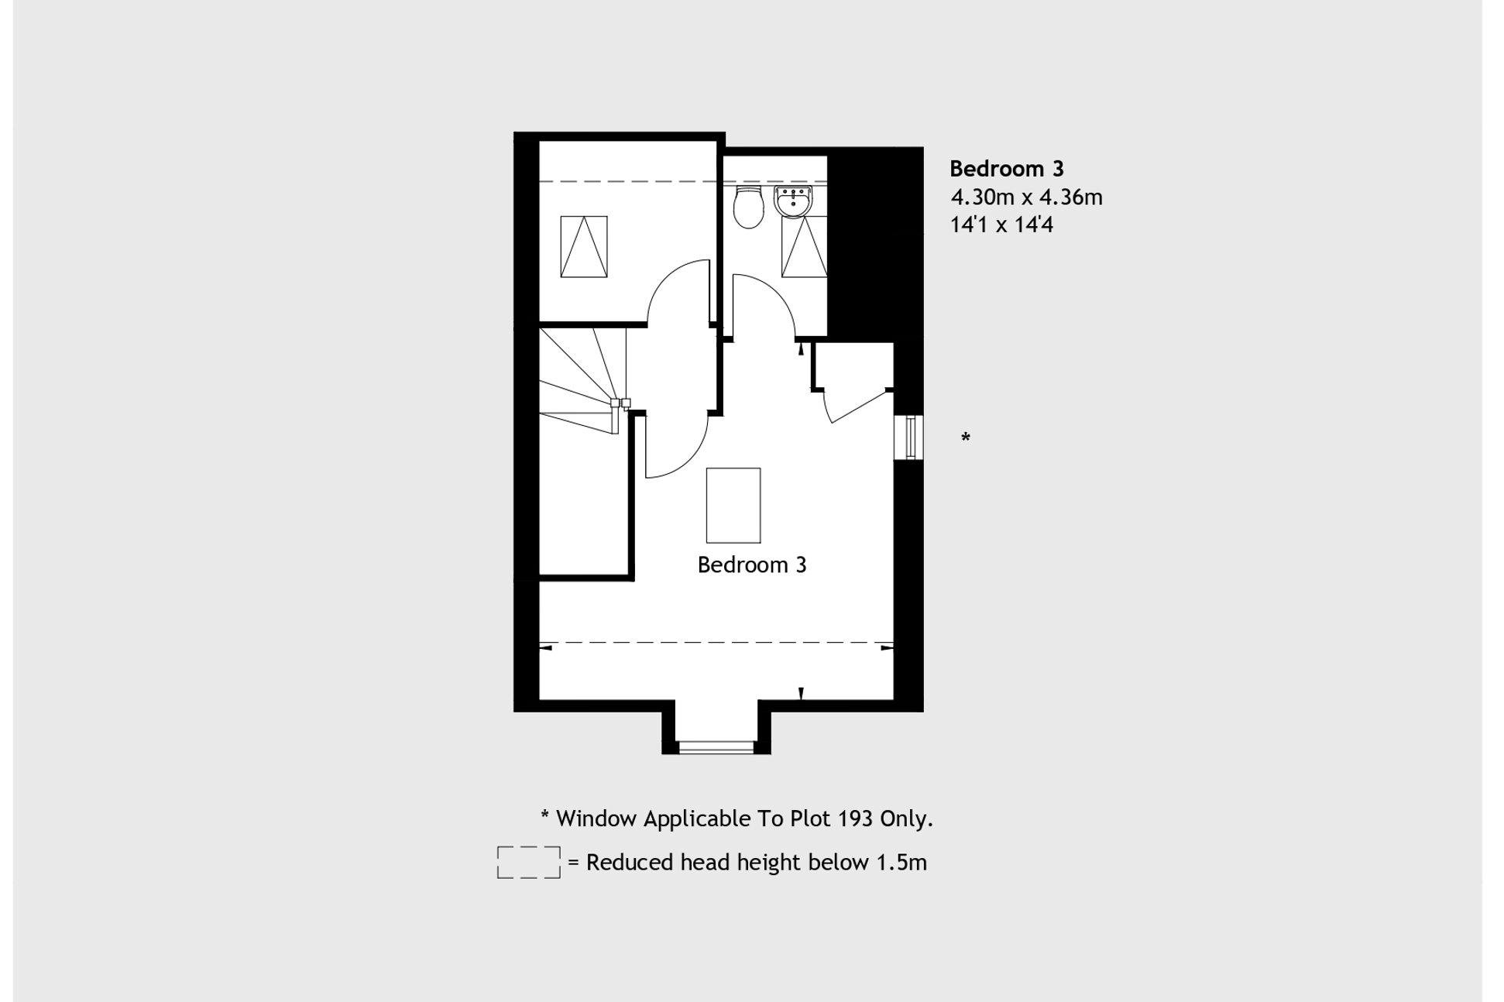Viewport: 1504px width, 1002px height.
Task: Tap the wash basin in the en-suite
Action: click(793, 201)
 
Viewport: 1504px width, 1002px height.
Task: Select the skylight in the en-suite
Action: click(804, 246)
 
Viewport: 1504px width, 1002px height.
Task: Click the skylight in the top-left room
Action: click(584, 246)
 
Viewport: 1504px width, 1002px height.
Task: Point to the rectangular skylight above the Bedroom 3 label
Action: click(733, 505)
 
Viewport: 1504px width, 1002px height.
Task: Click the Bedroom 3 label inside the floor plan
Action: click(751, 565)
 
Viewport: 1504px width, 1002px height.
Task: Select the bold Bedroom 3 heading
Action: click(1006, 169)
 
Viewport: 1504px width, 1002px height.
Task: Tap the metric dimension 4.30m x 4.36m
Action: click(1026, 197)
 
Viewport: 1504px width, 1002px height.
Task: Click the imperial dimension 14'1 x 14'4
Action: click(1001, 225)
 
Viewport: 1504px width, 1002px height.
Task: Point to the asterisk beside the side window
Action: click(965, 438)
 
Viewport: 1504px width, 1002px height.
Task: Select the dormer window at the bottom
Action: click(716, 747)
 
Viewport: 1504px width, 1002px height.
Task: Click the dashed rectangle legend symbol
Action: click(528, 863)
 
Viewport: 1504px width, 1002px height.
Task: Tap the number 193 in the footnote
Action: click(854, 818)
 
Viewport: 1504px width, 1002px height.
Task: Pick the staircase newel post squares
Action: click(620, 403)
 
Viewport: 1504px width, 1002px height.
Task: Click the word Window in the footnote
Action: click(596, 818)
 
